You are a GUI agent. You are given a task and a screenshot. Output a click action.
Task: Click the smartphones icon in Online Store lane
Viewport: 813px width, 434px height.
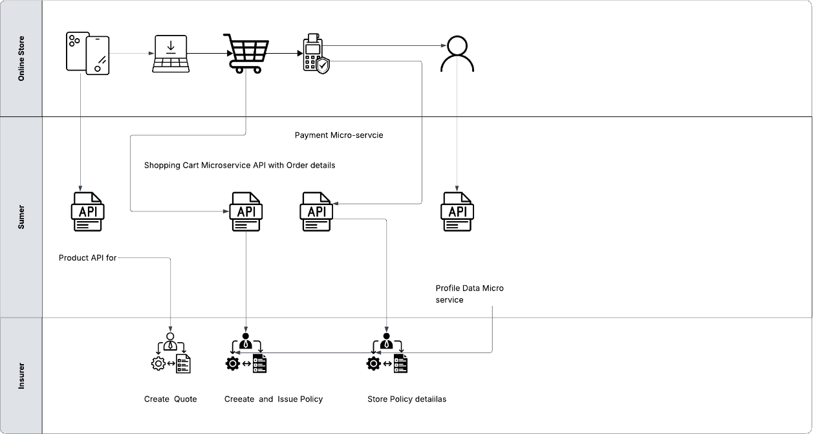87,54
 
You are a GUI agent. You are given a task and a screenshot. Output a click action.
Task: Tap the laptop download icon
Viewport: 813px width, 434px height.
171,54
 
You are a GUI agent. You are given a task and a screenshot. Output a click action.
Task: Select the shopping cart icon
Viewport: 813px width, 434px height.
243,54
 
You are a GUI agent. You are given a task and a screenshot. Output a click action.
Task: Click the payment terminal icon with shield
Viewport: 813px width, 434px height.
316,54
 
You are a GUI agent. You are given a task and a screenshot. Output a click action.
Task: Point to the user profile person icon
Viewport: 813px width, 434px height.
457,54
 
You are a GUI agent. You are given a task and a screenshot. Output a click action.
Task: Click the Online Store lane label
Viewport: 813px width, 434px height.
21,59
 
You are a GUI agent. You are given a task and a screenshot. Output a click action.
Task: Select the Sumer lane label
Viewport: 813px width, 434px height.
21,217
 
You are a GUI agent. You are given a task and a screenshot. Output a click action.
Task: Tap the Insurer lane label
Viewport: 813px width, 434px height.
21,375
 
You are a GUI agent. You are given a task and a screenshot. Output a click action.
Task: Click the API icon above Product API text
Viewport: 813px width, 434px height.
87,212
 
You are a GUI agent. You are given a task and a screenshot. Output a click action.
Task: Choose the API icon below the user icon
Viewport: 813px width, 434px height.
457,212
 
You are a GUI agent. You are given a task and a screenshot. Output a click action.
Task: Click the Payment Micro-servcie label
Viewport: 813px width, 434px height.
339,135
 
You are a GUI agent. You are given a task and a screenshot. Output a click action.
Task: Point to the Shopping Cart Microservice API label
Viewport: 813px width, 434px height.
239,166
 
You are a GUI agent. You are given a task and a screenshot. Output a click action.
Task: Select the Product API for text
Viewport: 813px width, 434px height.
87,258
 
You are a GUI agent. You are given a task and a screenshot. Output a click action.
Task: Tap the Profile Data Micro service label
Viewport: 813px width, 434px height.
469,294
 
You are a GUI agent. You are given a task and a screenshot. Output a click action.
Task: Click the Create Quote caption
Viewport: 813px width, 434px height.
170,399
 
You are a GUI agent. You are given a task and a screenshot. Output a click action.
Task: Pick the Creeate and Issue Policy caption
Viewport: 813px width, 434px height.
273,399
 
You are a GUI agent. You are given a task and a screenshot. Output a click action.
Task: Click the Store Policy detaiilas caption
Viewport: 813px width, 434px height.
406,399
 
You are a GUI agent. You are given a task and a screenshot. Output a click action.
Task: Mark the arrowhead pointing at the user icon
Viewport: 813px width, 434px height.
444,46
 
